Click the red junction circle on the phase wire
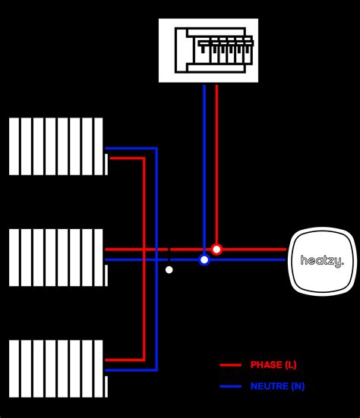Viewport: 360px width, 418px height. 216,249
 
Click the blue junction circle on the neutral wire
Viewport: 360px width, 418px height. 204,259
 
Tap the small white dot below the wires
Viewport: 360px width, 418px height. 169,269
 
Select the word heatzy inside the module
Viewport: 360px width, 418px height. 322,260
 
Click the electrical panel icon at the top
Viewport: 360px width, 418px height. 208,50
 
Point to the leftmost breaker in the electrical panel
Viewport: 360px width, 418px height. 203,54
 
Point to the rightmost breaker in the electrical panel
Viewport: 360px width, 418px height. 247,54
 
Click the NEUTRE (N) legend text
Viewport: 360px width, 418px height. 277,386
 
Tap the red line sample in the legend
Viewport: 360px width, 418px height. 230,365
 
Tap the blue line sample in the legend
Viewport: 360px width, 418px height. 230,386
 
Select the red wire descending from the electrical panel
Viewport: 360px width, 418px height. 216,152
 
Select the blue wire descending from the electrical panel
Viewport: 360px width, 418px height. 204,152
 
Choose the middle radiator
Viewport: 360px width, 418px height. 57,257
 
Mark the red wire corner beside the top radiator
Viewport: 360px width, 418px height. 144,159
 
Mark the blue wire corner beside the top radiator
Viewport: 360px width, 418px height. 156,148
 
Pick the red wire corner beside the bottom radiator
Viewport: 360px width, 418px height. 144,359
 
